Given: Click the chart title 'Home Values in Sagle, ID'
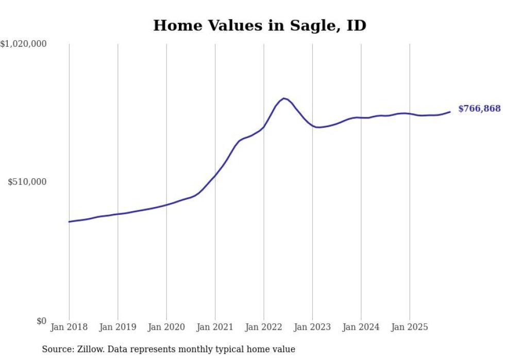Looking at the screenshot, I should pyautogui.click(x=260, y=25).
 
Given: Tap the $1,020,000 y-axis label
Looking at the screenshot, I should pyautogui.click(x=23, y=44).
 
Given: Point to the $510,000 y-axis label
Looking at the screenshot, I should pyautogui.click(x=27, y=182).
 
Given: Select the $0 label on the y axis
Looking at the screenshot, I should pyautogui.click(x=41, y=321).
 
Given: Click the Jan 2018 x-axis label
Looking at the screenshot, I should pyautogui.click(x=69, y=327).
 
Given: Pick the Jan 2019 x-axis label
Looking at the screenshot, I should pyautogui.click(x=117, y=327).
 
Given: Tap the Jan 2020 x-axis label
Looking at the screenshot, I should pyautogui.click(x=166, y=327).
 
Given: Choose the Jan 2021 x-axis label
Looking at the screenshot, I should pyautogui.click(x=215, y=327).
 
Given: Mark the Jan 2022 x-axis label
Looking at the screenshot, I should pyautogui.click(x=264, y=327).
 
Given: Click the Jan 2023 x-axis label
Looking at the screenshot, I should pyautogui.click(x=312, y=327).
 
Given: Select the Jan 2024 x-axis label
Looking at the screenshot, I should pyautogui.click(x=361, y=327).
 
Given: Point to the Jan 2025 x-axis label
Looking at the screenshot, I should pyautogui.click(x=410, y=327).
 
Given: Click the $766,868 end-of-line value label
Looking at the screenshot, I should pyautogui.click(x=479, y=109).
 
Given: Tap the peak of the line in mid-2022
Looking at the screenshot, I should pyautogui.click(x=284, y=98).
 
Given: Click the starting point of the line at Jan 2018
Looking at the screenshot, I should pyautogui.click(x=69, y=221).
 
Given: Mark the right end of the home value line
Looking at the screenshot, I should pyautogui.click(x=450, y=112).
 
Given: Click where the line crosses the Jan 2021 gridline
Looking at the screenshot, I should pyautogui.click(x=215, y=176).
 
